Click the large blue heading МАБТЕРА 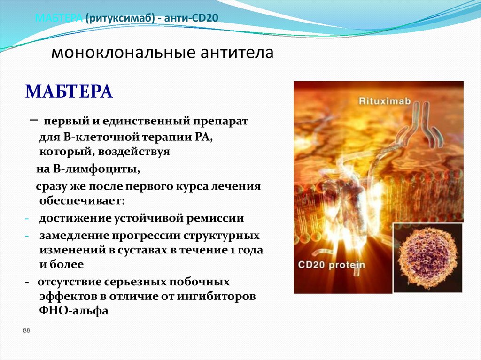(69, 91)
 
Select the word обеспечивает (82, 200)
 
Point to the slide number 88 (26, 331)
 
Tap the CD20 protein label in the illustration (331, 265)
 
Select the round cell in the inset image (427, 258)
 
